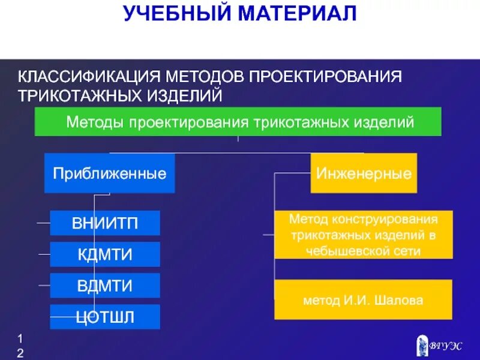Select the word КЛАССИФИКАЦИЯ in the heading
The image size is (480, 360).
(x=88, y=77)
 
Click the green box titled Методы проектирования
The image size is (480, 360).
(x=238, y=122)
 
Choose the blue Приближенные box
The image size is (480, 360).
(x=109, y=173)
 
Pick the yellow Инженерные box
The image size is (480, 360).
(x=364, y=173)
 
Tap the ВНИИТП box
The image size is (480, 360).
(x=105, y=223)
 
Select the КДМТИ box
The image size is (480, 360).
(x=105, y=254)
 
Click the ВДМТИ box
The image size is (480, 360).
(x=105, y=286)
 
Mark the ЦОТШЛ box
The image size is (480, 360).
(x=105, y=317)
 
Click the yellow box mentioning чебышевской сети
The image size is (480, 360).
(x=364, y=235)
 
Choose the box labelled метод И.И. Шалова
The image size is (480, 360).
(x=364, y=299)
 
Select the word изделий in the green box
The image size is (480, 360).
(x=391, y=122)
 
